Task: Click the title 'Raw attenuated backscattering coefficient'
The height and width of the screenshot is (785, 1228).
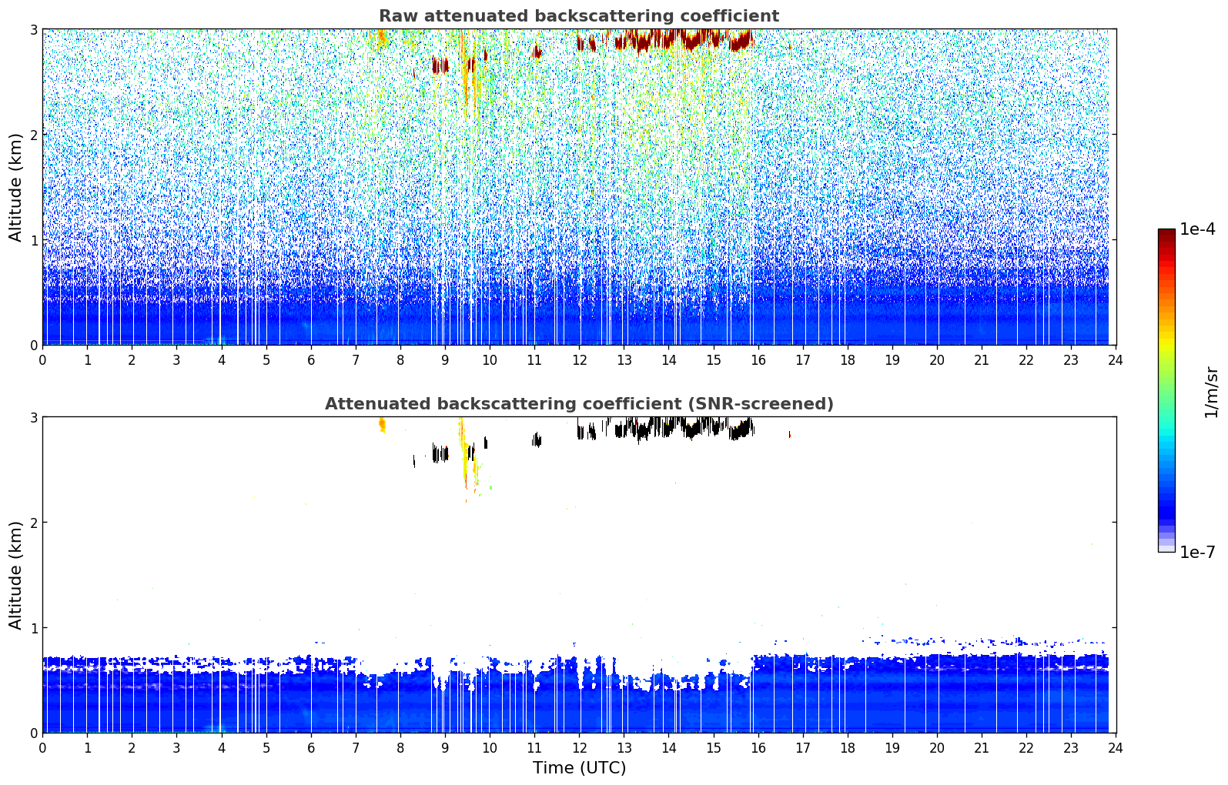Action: coord(579,16)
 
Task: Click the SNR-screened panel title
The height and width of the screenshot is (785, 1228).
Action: coord(579,403)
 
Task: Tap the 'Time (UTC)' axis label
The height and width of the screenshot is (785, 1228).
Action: coord(579,767)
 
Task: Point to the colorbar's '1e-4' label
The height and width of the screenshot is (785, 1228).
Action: coord(1197,229)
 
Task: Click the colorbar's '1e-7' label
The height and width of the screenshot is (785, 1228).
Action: coord(1197,552)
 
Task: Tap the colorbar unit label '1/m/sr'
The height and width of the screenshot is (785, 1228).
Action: coord(1211,392)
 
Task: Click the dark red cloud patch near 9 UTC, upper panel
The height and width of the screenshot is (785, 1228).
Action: coord(440,65)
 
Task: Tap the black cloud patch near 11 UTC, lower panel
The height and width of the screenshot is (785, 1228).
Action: coord(537,439)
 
